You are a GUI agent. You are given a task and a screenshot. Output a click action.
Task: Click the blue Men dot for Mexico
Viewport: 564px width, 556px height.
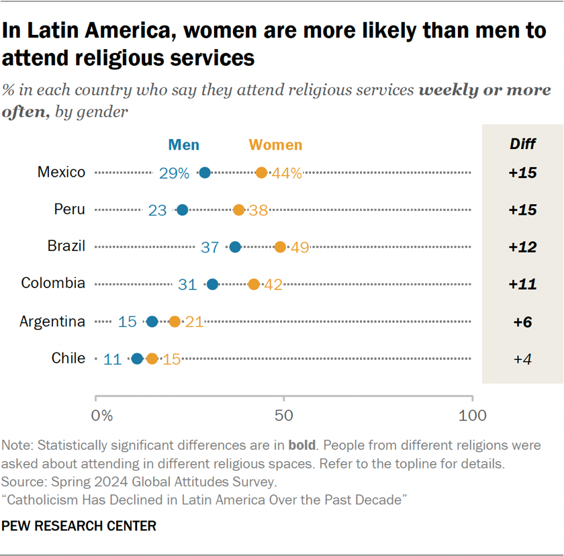point(205,173)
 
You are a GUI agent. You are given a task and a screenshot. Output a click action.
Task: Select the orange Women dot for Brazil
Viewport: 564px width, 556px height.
point(280,247)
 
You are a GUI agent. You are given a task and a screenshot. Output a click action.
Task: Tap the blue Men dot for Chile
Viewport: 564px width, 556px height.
point(137,359)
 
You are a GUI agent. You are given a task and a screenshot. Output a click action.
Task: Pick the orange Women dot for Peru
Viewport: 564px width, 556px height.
point(238,210)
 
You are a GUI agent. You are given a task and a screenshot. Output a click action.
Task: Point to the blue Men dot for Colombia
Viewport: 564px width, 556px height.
point(212,284)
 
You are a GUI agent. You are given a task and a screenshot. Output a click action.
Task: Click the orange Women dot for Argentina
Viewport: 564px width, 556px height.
point(175,322)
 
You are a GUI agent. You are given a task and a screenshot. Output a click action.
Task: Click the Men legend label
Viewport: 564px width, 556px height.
point(183,144)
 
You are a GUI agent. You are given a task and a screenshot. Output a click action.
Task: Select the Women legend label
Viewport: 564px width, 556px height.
point(275,144)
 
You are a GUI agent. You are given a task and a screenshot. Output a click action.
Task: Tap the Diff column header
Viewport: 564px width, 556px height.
point(522,144)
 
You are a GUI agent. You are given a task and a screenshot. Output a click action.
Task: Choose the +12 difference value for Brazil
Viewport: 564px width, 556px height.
point(522,247)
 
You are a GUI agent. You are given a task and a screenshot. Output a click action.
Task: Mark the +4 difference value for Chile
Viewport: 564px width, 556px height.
point(522,359)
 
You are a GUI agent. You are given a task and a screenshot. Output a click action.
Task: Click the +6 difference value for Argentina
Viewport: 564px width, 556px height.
point(522,322)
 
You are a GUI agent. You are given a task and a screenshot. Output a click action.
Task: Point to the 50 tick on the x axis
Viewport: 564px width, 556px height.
point(284,416)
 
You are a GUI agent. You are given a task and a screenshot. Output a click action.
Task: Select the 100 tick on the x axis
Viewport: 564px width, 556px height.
point(472,416)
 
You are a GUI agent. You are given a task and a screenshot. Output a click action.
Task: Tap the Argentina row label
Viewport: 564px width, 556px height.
point(52,321)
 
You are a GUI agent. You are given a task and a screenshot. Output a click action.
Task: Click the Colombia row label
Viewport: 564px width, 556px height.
point(53,283)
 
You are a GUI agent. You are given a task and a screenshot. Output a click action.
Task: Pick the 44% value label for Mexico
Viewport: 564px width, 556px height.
point(287,173)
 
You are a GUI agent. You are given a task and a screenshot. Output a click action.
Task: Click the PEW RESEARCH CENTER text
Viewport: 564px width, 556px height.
point(79,526)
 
